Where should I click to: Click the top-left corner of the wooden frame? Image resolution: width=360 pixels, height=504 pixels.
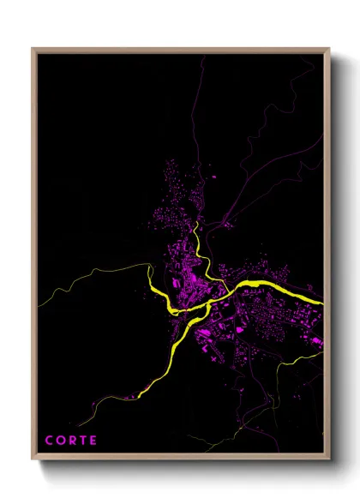point(33,49)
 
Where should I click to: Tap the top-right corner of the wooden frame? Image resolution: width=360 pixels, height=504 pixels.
point(329,49)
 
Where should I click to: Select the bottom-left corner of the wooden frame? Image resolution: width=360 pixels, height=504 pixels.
point(33,462)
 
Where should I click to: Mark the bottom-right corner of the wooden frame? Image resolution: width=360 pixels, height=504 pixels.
point(329,462)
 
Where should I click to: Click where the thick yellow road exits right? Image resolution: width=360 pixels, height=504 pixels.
point(322,303)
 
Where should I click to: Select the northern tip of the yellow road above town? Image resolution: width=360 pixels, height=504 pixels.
point(198,222)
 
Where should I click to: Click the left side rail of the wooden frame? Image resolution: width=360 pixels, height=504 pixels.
point(34,257)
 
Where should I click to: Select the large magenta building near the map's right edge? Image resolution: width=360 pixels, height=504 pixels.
point(316,341)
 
